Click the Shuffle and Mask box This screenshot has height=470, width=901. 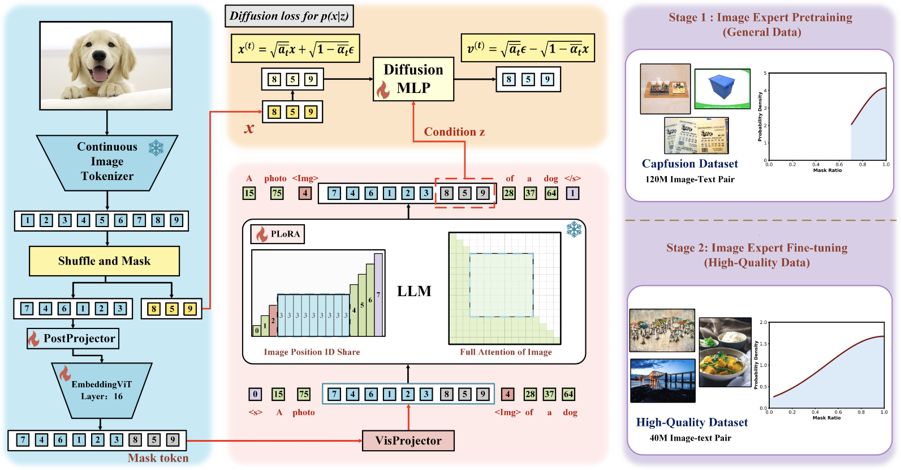[104, 261]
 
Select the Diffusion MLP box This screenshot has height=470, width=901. [413, 79]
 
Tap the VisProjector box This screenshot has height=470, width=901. [408, 441]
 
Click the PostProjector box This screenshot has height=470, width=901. [73, 339]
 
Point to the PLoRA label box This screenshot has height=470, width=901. [278, 234]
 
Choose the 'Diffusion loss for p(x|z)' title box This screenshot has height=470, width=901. [289, 16]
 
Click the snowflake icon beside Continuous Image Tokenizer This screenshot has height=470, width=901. [156, 148]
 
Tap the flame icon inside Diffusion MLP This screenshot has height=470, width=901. [383, 89]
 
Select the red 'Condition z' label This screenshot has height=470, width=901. [454, 132]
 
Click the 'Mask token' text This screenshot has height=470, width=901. [158, 458]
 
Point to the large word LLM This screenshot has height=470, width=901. [414, 291]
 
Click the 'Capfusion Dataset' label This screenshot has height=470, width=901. [689, 164]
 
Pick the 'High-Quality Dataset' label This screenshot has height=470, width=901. [692, 422]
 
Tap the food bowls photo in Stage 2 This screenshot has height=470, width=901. [725, 352]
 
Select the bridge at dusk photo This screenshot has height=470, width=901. [663, 381]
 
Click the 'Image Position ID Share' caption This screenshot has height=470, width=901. [312, 352]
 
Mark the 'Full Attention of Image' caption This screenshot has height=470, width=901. [506, 352]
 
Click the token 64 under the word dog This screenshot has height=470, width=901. [551, 193]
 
